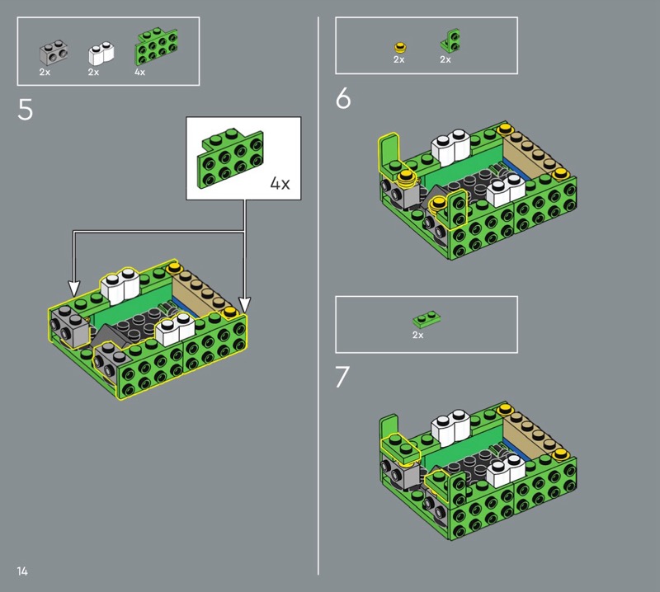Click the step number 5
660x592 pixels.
26,110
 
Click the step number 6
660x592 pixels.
343,98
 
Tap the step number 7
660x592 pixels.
342,377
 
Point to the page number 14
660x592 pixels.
22,571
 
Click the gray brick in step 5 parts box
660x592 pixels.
54,53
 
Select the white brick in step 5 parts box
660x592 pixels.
101,53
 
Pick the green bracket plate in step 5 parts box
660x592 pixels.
156,46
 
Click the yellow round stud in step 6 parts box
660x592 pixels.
400,47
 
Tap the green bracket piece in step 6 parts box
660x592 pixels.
450,40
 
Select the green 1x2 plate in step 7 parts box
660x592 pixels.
427,319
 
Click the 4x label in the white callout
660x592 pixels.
280,183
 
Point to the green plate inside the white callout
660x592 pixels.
230,158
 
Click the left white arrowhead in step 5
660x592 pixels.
73,289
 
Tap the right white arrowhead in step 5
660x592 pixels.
244,303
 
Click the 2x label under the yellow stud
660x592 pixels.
399,59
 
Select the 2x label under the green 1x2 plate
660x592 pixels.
418,335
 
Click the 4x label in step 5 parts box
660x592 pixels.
139,72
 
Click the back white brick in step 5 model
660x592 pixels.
120,285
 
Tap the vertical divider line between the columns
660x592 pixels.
318,296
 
